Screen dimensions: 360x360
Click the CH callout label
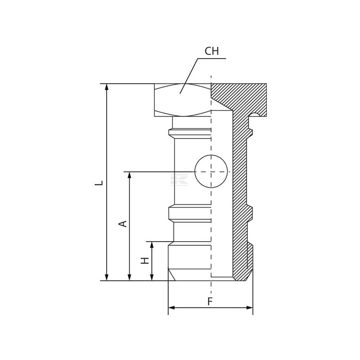click(x=211, y=51)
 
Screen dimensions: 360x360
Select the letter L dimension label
click(x=99, y=183)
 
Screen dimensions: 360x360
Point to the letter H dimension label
click(x=145, y=261)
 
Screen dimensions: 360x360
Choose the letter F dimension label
click(x=210, y=301)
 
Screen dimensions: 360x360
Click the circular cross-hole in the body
click(x=211, y=171)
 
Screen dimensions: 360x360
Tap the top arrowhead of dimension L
click(x=106, y=87)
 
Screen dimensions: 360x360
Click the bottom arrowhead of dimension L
click(x=106, y=277)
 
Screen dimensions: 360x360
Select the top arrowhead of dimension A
click(x=130, y=175)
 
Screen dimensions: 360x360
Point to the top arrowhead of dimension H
click(x=152, y=245)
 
